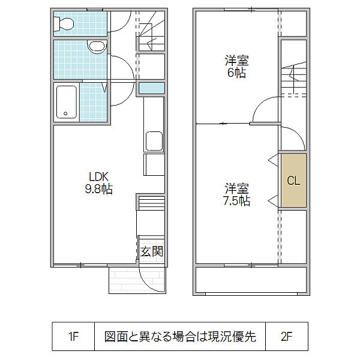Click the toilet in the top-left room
point(64,23)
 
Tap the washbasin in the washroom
point(97,47)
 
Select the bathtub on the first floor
point(67,102)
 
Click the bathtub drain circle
point(65,113)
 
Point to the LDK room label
point(99,177)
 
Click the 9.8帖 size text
point(99,189)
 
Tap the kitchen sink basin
point(154,141)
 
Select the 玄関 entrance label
point(152,251)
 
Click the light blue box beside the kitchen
point(152,88)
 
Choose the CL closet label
point(293,181)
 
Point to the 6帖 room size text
point(236,73)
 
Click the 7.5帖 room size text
point(237,200)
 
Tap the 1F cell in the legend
point(73,337)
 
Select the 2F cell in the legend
point(287,337)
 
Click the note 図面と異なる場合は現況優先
point(180,337)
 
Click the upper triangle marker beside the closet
point(273,160)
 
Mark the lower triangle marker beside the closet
point(273,201)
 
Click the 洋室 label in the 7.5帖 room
point(237,188)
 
